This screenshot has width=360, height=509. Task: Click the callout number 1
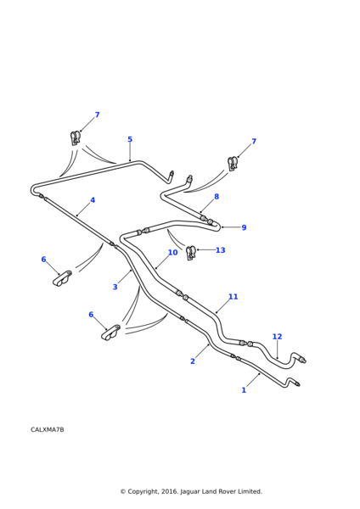[x=244, y=390]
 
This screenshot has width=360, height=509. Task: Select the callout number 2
[x=193, y=361]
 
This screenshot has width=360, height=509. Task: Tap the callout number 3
[x=115, y=287]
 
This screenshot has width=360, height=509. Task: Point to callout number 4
[x=93, y=200]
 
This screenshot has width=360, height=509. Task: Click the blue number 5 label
[x=130, y=139]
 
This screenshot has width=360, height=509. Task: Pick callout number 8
[x=217, y=197]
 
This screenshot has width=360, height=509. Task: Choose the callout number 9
[x=244, y=227]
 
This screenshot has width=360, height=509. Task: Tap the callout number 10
[x=173, y=252]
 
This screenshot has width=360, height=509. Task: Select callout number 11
[x=233, y=297]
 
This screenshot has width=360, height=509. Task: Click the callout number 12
[x=277, y=337]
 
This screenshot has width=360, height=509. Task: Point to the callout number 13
[x=220, y=250]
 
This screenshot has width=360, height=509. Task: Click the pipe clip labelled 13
[x=191, y=253]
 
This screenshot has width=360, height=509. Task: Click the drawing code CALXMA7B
[x=47, y=429]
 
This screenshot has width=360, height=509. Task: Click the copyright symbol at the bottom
[x=123, y=491]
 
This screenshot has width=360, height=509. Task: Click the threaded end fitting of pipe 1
[x=297, y=383]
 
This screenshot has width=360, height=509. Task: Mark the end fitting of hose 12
[x=302, y=360]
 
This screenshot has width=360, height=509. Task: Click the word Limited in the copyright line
[x=250, y=491]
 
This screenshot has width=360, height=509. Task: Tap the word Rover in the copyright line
[x=227, y=491]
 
